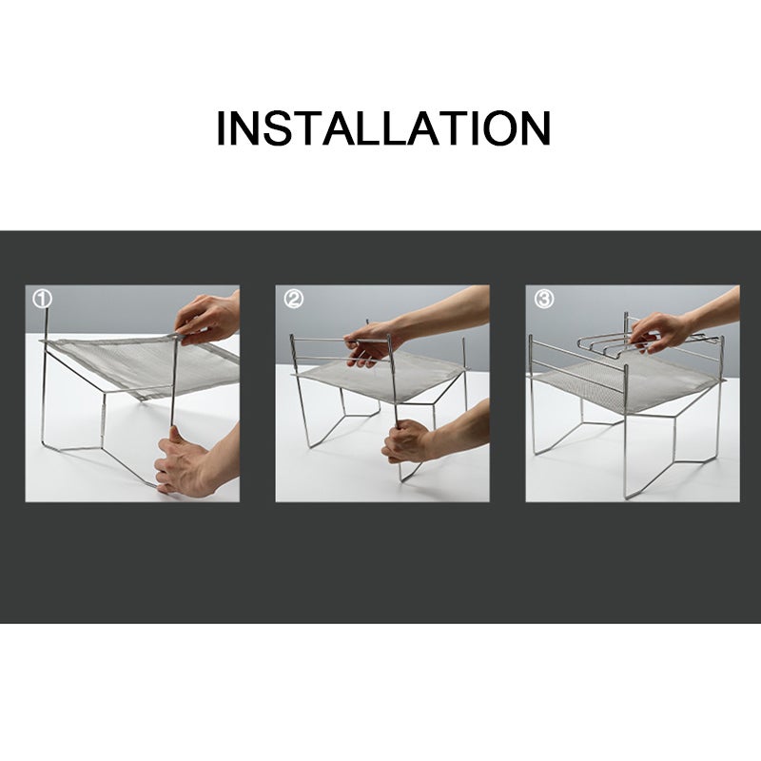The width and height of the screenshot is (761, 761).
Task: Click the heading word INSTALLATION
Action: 383,128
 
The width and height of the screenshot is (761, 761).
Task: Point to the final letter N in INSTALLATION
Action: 536,128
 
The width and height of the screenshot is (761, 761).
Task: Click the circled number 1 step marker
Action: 42,299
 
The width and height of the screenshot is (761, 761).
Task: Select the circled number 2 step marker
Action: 293,299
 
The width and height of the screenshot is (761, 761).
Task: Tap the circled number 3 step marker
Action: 543,299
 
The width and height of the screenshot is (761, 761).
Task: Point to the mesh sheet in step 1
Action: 146,365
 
